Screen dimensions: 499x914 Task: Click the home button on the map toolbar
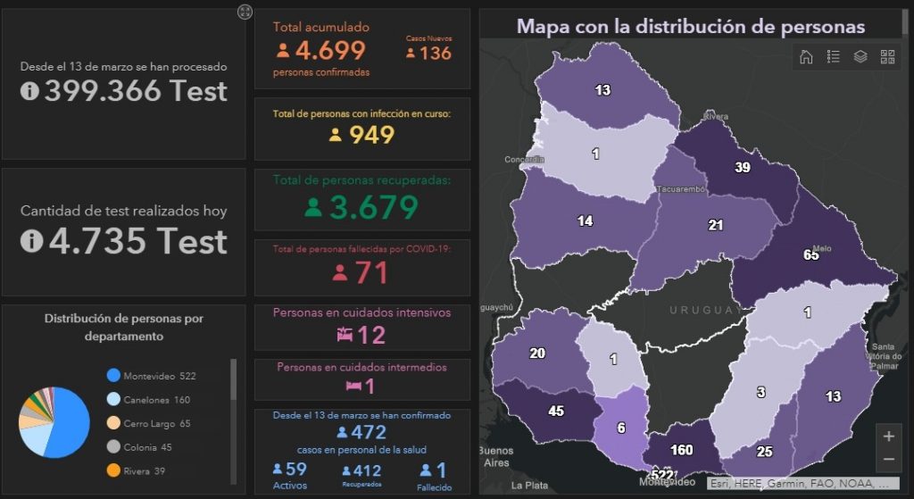coord(806,57)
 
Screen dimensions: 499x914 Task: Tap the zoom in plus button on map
coord(888,437)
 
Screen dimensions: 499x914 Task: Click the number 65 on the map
coord(810,255)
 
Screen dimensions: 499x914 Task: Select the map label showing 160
coord(681,450)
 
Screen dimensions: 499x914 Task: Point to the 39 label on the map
coord(742,168)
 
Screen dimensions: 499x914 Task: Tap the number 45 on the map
coord(556,412)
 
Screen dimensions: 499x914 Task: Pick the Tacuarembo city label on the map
coord(681,189)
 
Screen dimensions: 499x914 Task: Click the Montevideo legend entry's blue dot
coord(113,376)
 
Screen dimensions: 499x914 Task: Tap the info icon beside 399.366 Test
coord(29,91)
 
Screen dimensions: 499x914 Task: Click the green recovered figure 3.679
coord(373,207)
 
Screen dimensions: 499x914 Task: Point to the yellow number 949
coord(371,135)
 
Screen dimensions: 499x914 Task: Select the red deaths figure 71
coord(371,272)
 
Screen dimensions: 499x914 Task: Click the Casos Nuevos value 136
coord(435,53)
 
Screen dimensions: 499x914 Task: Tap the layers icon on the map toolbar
coord(860,57)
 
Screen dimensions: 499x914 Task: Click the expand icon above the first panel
coord(245,11)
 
